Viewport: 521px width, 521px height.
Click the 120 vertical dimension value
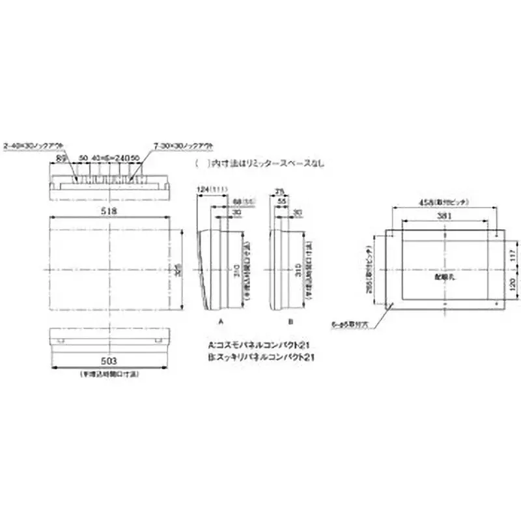[x=511, y=285]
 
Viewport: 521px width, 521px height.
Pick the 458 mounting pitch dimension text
[x=445, y=203]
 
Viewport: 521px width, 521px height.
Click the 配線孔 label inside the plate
[x=444, y=276]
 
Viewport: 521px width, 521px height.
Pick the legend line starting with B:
[x=266, y=358]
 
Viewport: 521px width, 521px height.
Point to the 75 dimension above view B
[x=279, y=192]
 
